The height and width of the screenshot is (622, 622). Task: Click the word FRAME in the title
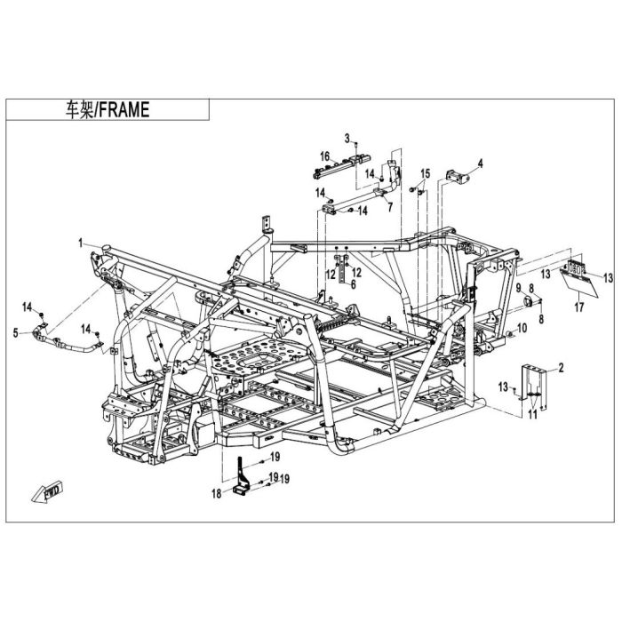(x=124, y=109)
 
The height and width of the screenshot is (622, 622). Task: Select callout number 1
(x=81, y=243)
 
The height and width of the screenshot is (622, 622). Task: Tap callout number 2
(x=561, y=368)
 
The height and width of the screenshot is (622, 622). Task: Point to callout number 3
(x=347, y=139)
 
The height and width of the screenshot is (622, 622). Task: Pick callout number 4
(x=481, y=163)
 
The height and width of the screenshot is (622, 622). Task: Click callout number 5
(x=16, y=333)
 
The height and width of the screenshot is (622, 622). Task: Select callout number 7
(x=390, y=207)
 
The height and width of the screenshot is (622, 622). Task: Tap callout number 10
(x=522, y=328)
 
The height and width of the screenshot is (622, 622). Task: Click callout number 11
(x=532, y=415)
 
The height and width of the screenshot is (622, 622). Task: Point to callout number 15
(x=426, y=173)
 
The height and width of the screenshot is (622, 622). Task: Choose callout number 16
(x=325, y=155)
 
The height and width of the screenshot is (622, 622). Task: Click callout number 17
(x=579, y=307)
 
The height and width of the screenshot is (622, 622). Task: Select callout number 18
(x=217, y=493)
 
